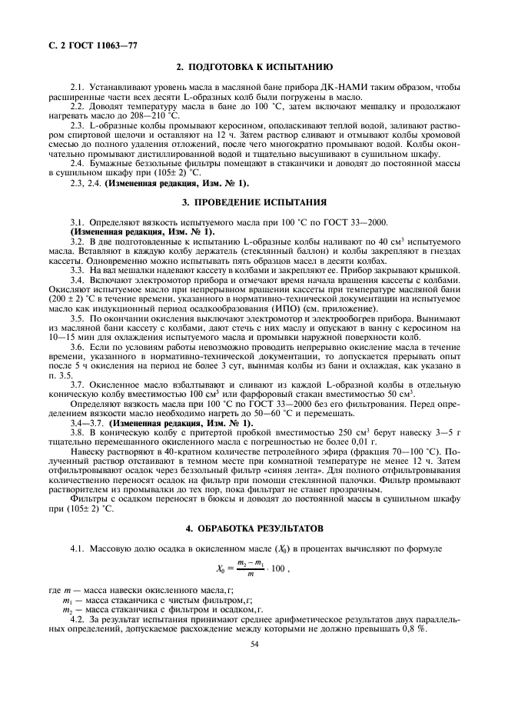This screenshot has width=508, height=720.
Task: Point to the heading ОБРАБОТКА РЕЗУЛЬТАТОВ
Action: pos(254,528)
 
